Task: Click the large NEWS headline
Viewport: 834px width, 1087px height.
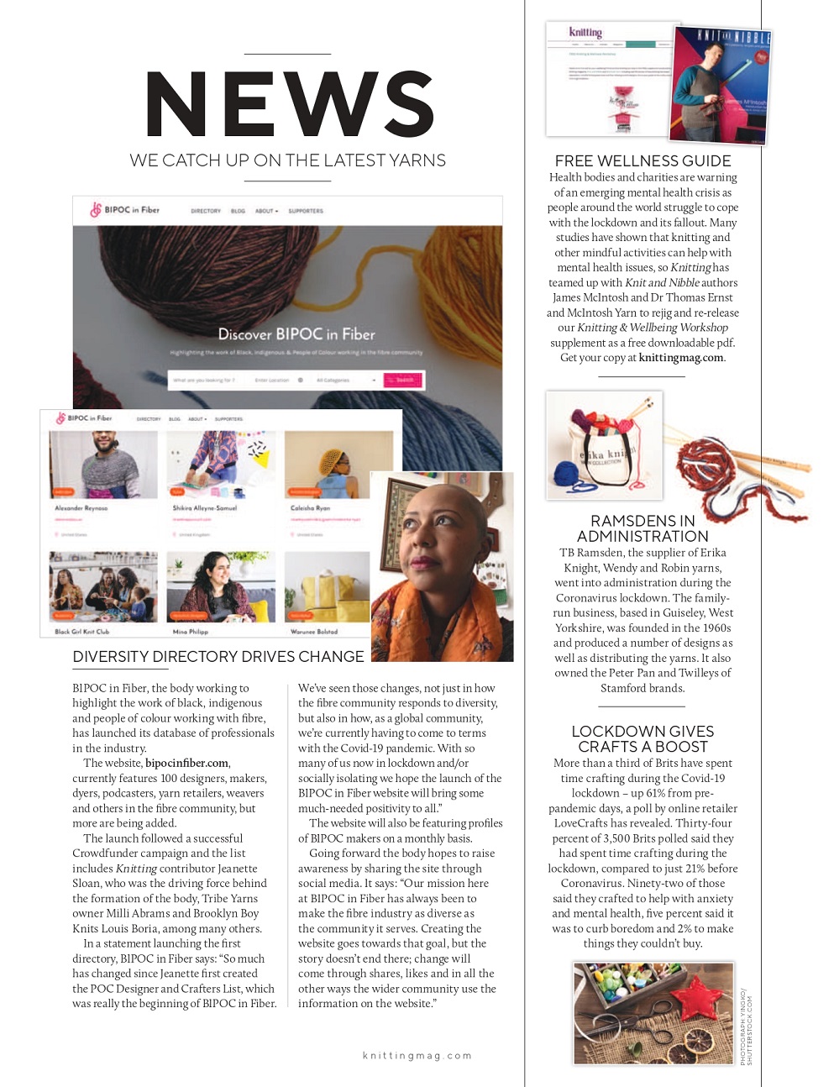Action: (x=290, y=104)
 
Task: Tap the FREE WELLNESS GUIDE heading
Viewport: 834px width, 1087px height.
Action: (x=643, y=160)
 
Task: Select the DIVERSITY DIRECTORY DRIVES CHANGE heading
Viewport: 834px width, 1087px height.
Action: (x=218, y=656)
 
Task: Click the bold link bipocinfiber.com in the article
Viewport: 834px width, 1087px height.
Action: (x=187, y=763)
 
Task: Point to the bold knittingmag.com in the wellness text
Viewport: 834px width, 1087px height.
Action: (x=680, y=358)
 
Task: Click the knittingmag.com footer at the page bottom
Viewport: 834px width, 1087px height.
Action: (x=417, y=1056)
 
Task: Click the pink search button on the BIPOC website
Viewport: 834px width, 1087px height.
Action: (x=403, y=381)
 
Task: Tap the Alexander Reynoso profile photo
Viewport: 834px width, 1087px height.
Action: (x=103, y=465)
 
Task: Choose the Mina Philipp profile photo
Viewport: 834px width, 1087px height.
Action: (x=220, y=586)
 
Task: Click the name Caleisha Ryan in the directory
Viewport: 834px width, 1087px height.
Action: (x=310, y=508)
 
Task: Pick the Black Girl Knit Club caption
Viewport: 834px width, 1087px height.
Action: (x=82, y=632)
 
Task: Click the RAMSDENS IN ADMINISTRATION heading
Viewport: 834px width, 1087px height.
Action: (x=643, y=528)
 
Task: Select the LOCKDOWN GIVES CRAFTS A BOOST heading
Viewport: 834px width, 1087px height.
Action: (x=643, y=738)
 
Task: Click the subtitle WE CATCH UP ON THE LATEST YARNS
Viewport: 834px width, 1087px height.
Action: (x=287, y=160)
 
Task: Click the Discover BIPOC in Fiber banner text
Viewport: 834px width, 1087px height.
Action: (x=296, y=333)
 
